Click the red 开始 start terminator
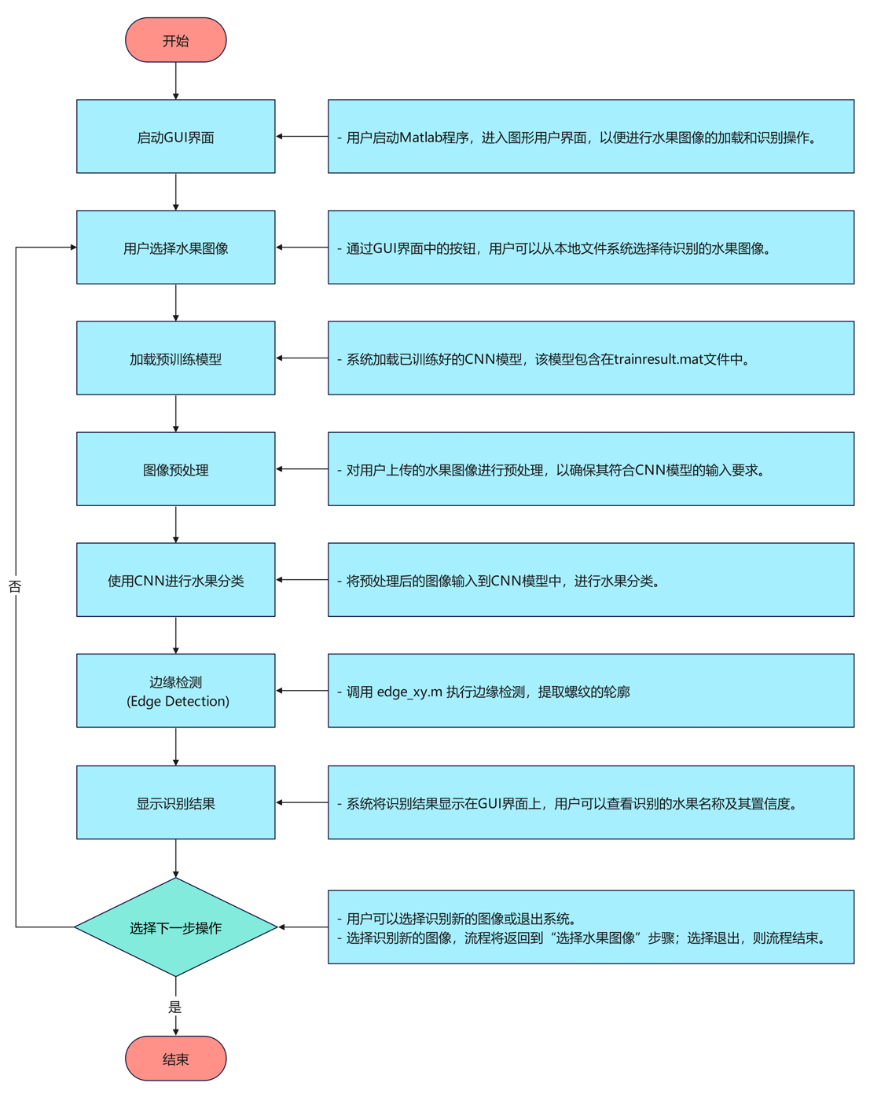coord(175,40)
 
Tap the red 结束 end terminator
coord(175,1059)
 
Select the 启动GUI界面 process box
coord(175,137)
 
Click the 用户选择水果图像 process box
coord(175,248)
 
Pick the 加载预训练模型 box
coord(175,358)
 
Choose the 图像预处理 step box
coord(175,469)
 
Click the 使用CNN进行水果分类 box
coord(175,580)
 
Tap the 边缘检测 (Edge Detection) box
coord(175,691)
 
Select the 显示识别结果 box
coord(175,802)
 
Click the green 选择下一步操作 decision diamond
coord(175,927)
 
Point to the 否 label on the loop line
coord(15,586)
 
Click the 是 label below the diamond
coord(174,1007)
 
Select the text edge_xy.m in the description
coord(409,692)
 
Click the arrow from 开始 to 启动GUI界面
coord(175,81)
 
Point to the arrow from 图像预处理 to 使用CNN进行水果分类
coord(175,524)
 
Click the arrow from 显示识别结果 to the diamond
coord(175,858)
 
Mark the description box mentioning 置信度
coord(590,802)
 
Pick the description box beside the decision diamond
coord(590,927)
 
